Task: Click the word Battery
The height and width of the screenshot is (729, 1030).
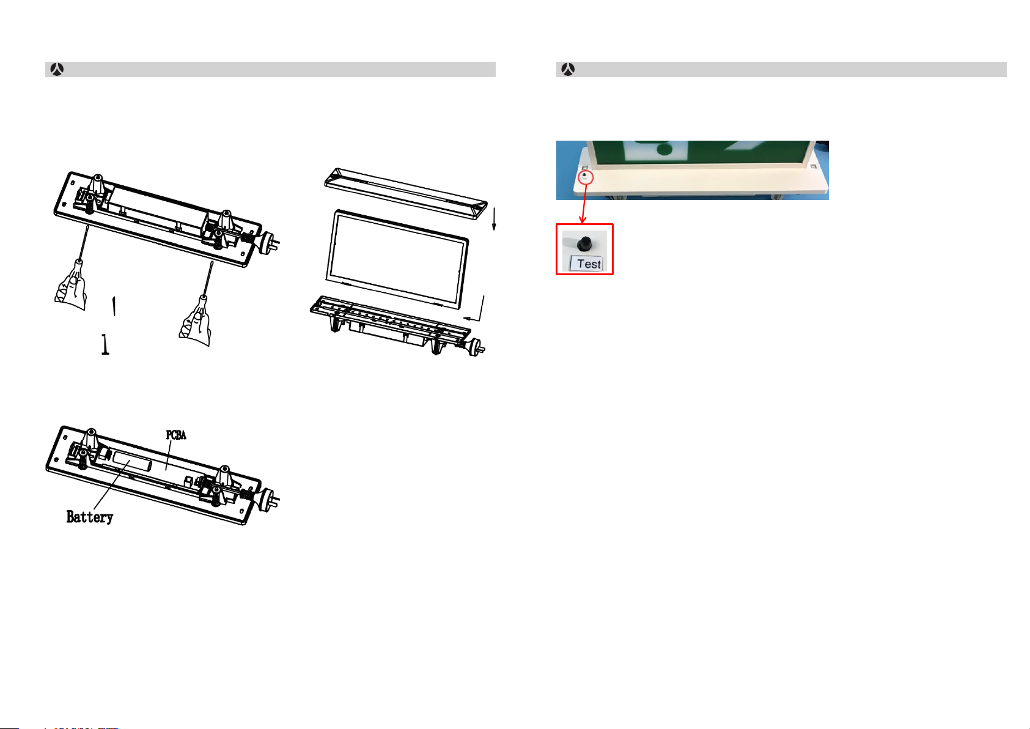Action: pos(90,517)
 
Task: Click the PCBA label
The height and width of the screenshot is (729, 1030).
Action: pos(176,435)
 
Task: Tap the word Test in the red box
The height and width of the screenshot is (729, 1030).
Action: pos(589,264)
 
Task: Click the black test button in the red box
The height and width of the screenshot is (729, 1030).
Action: pos(585,244)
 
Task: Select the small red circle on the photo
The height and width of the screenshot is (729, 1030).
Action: pos(586,177)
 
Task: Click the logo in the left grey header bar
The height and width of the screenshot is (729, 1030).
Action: pos(57,70)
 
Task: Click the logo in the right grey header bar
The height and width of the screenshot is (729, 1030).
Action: pos(568,70)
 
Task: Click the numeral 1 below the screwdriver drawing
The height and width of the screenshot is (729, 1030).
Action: pos(105,344)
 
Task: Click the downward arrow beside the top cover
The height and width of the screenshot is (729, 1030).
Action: pos(495,219)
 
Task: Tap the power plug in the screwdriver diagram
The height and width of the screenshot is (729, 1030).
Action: pos(268,242)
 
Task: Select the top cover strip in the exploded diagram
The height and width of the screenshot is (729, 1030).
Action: pos(405,193)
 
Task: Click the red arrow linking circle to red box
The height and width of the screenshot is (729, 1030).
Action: pos(584,204)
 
